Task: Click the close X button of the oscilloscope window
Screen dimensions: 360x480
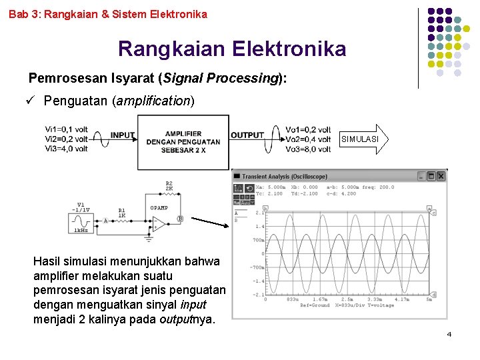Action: point(441,176)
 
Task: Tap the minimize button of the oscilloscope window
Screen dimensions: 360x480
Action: point(421,176)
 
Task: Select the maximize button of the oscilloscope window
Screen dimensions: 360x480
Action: point(431,176)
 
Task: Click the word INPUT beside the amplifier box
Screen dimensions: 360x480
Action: point(123,135)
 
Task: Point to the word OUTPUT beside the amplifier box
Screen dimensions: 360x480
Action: point(247,135)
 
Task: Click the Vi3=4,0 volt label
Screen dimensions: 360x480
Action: point(66,149)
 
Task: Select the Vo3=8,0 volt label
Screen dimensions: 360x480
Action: point(307,149)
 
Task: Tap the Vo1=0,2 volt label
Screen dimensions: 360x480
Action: point(307,129)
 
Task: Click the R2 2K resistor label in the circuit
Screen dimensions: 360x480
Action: point(169,186)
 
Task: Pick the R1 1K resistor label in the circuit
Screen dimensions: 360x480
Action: point(122,213)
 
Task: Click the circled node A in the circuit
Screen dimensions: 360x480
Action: point(105,220)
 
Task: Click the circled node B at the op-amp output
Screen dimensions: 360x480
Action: point(179,219)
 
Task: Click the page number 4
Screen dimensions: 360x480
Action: point(449,333)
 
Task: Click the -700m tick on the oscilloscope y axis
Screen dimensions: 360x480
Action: point(257,267)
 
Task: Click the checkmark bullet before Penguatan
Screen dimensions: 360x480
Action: point(31,101)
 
